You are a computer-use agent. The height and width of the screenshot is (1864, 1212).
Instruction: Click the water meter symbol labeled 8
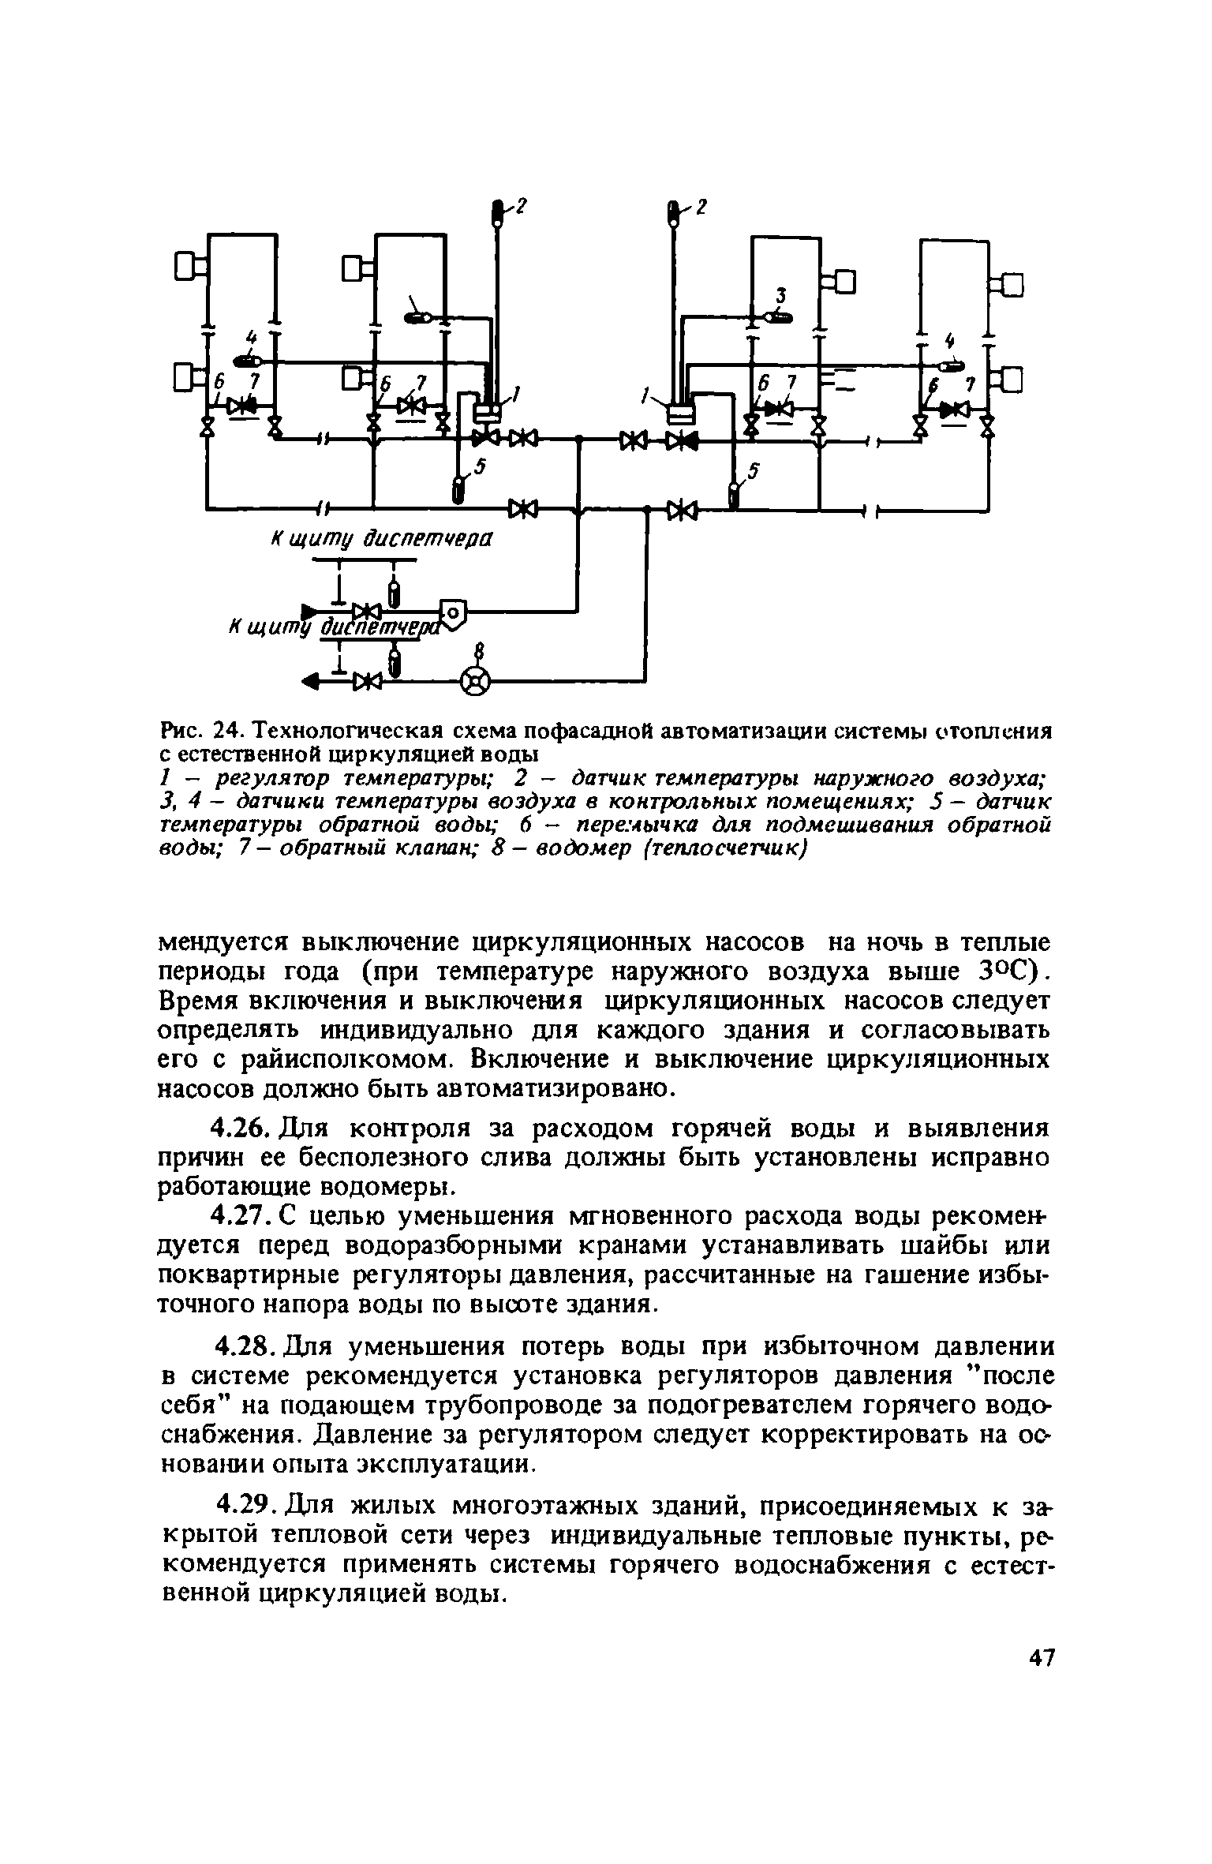point(474,680)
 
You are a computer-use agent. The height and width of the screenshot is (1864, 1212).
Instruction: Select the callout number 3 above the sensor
point(781,296)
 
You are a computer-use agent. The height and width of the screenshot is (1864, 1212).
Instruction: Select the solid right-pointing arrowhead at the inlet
point(310,610)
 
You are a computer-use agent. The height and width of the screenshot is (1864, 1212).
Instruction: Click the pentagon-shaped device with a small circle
point(452,611)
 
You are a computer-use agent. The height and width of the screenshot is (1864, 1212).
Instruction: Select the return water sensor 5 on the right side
point(734,497)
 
